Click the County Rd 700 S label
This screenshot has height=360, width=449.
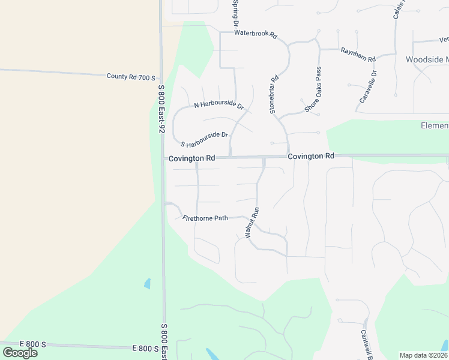(x=131, y=77)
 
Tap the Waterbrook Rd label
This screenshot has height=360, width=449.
(x=256, y=34)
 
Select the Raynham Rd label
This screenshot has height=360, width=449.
(x=358, y=55)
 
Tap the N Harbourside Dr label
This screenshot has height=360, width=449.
(x=219, y=106)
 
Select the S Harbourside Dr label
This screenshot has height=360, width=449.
(x=205, y=140)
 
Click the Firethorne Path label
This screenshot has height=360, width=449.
(x=205, y=218)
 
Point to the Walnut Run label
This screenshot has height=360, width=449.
(x=252, y=223)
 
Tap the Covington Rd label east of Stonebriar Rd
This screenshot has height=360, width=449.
(x=310, y=156)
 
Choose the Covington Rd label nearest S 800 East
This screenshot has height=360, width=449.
(x=191, y=158)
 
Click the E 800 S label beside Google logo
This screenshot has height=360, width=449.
(x=32, y=344)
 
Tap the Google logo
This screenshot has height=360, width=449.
(x=20, y=353)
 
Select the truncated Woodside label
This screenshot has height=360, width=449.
(x=427, y=60)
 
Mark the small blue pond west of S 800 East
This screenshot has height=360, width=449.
(x=147, y=283)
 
